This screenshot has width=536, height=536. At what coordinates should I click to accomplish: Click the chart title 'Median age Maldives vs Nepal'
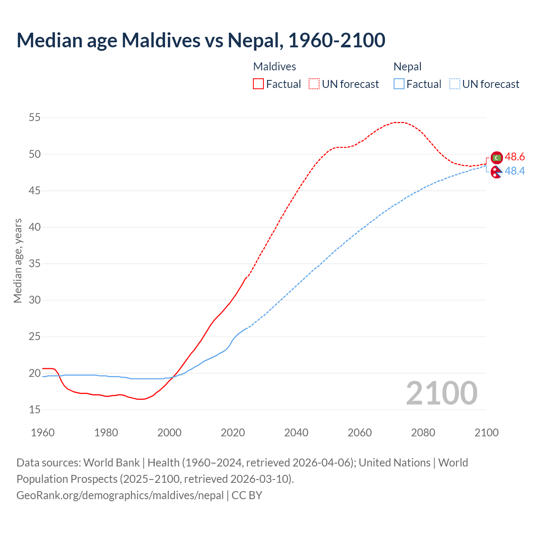coord(201,40)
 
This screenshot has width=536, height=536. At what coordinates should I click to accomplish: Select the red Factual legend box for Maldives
coord(258,84)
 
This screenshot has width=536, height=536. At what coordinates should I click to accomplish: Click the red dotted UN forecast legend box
coord(314,84)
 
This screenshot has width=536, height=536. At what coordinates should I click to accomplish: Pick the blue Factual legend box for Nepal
coord(399,84)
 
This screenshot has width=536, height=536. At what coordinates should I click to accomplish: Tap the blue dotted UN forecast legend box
coord(455,84)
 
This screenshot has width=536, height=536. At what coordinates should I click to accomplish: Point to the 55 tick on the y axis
coord(35,118)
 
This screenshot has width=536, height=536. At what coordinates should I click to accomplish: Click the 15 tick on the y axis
coord(35,410)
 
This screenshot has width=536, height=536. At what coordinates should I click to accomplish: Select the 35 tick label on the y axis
coord(35,264)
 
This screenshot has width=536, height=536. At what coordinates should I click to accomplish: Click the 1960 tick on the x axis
coord(43,433)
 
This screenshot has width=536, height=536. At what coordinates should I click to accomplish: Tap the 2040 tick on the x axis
coord(296,433)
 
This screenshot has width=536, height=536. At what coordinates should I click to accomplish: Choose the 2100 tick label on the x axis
coord(487,433)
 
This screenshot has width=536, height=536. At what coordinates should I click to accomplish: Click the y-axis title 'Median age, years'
coord(18,260)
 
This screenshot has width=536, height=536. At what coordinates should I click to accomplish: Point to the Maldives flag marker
coord(497,157)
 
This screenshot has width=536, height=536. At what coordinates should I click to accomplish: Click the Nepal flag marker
coord(497,172)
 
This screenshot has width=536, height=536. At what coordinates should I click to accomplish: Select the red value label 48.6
coord(515,157)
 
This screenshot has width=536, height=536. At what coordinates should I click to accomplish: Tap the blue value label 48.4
coord(515,171)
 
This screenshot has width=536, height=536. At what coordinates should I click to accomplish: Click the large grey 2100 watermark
coord(442,393)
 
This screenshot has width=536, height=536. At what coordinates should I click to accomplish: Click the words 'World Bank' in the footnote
coord(111,463)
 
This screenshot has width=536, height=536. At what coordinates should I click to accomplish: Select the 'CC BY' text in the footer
coord(247,495)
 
